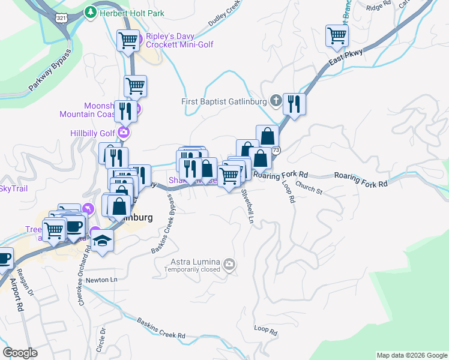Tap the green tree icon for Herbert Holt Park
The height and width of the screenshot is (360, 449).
click(x=90, y=11)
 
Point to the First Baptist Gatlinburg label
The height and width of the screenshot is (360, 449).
click(x=224, y=101)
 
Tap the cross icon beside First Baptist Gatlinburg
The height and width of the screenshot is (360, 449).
click(x=276, y=101)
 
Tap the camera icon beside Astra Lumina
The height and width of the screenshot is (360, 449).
click(x=229, y=264)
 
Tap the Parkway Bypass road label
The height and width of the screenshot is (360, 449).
click(x=50, y=70)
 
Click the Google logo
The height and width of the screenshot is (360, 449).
click(x=20, y=352)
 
